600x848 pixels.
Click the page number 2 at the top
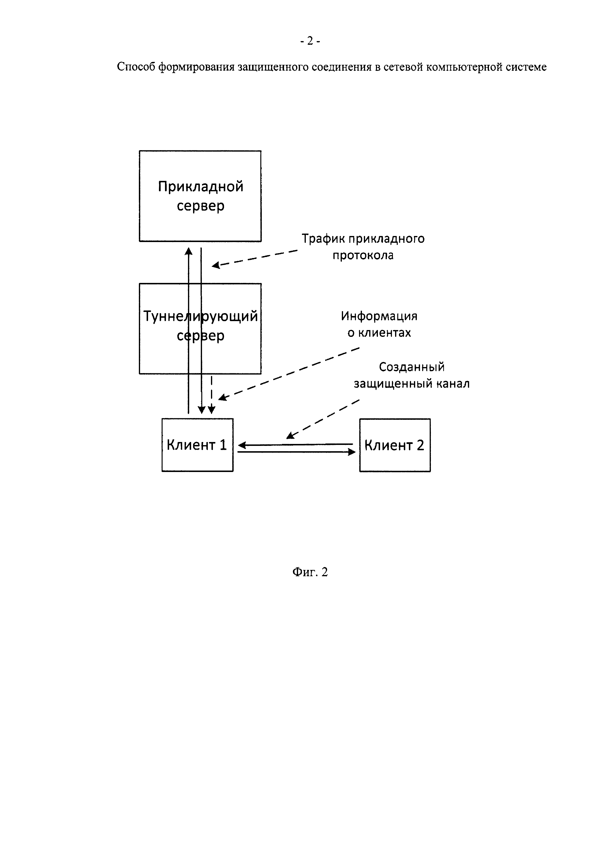tap(310, 41)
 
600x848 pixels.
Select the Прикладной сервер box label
tap(200, 196)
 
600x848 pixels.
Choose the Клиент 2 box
tap(395, 445)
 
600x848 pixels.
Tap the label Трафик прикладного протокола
tap(363, 247)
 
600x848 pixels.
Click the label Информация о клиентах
tap(379, 324)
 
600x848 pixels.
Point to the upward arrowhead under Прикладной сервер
tap(188, 251)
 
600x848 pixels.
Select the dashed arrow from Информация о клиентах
tap(288, 373)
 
